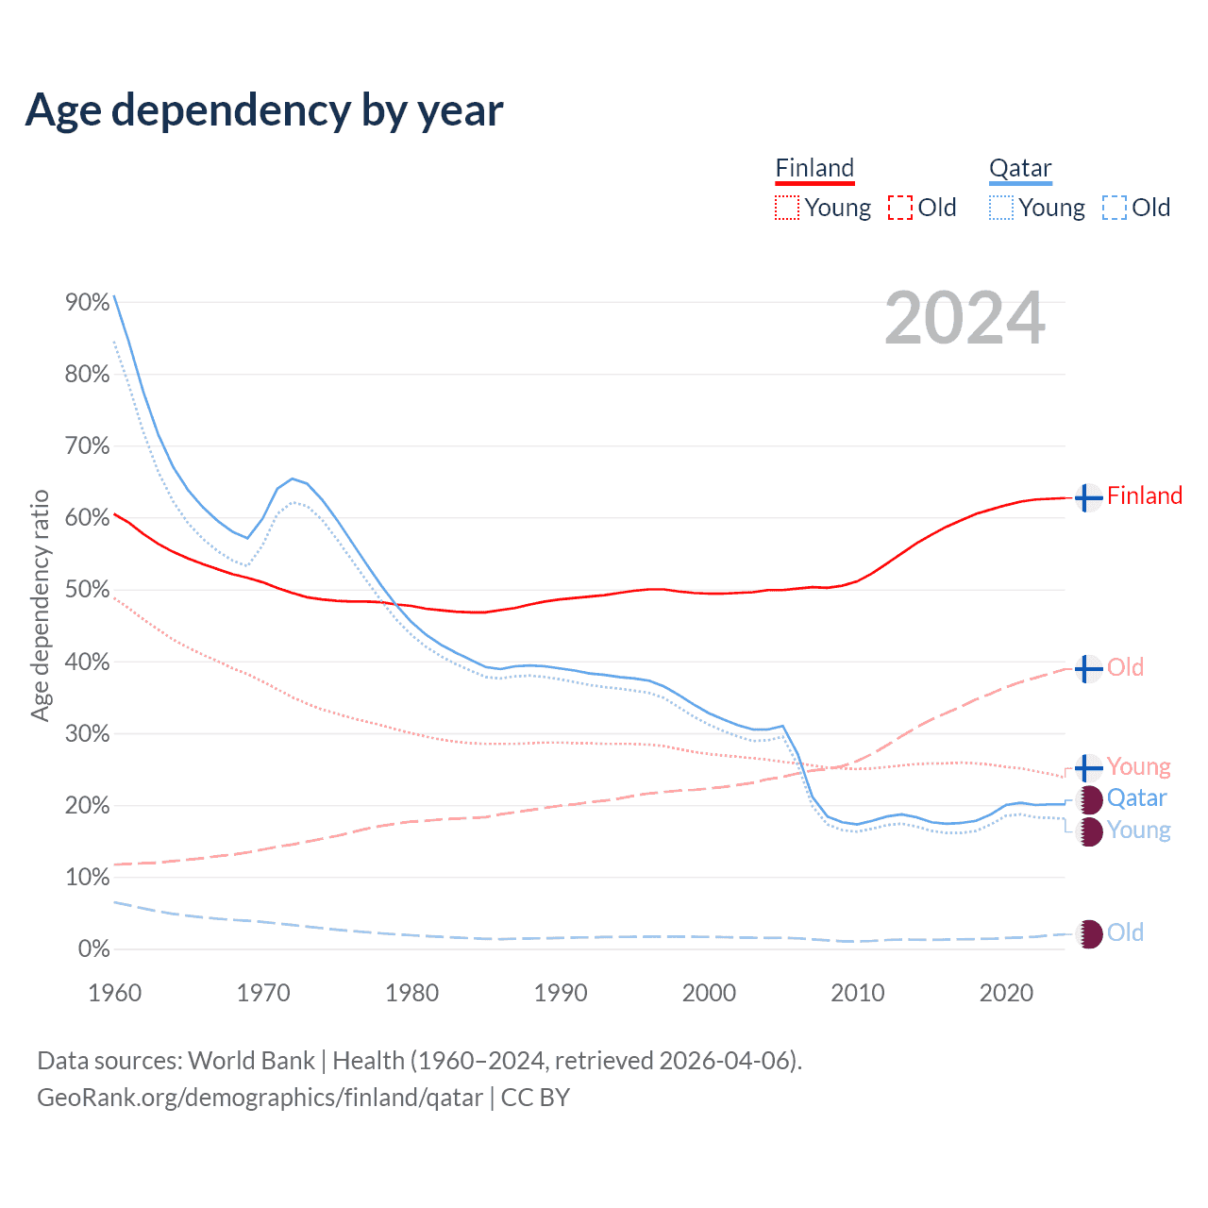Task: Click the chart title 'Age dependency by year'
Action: click(264, 109)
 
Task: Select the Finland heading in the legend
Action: click(814, 169)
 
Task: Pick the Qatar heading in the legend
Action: click(1020, 169)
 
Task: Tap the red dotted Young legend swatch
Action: click(787, 208)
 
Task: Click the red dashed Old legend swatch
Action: click(900, 208)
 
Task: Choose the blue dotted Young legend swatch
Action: click(1001, 208)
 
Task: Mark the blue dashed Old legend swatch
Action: click(1115, 208)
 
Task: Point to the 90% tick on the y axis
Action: click(88, 302)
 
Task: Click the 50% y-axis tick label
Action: click(88, 590)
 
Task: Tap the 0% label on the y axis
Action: click(93, 948)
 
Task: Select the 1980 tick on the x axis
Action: click(412, 993)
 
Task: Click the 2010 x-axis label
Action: click(858, 993)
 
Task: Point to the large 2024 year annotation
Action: click(965, 318)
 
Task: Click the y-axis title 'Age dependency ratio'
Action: click(40, 605)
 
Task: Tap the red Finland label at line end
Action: click(1145, 495)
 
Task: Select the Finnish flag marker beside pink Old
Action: click(1088, 668)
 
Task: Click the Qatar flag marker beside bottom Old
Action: click(1089, 933)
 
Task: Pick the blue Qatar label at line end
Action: click(1137, 798)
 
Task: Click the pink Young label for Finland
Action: click(1138, 766)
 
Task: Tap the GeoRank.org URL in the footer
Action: click(260, 1098)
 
